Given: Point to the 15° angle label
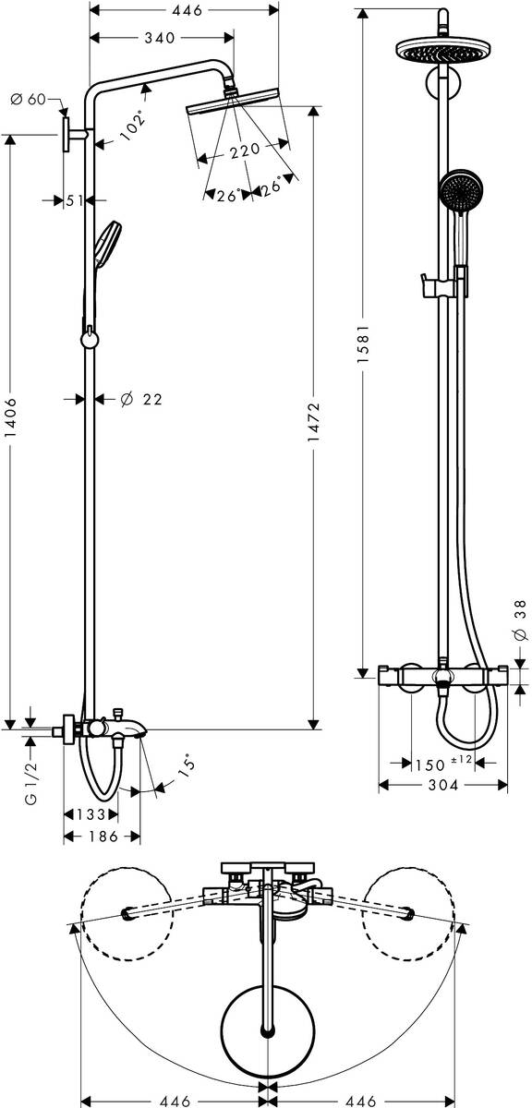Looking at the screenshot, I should pos(187,765).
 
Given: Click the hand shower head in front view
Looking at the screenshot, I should pos(457,190).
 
